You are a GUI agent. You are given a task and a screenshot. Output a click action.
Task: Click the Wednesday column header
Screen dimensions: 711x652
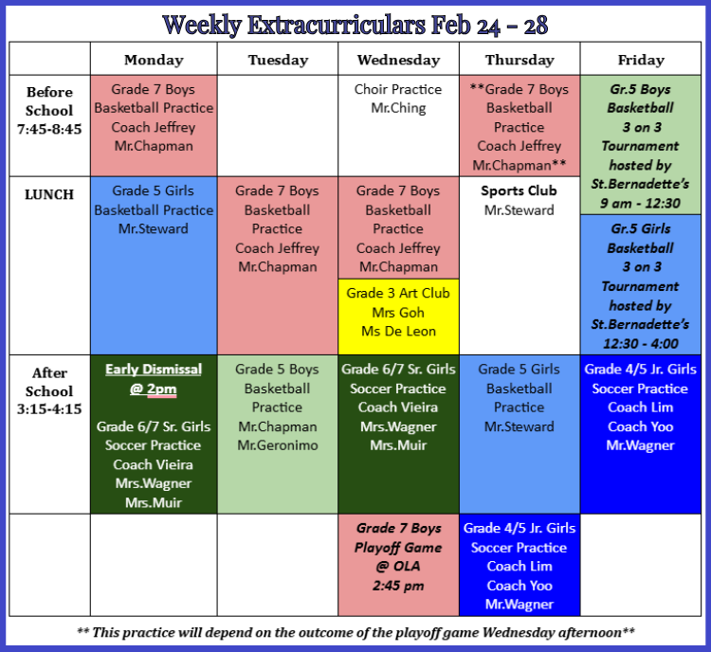click(x=398, y=60)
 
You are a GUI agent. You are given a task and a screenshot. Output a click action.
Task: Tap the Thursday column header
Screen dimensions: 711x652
click(x=520, y=60)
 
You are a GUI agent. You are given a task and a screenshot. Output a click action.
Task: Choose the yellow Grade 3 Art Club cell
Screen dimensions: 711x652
click(x=398, y=317)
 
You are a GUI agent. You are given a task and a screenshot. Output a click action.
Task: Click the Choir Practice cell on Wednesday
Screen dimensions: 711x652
click(x=398, y=126)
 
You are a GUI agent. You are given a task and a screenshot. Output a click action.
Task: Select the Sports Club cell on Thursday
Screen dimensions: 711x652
click(x=520, y=265)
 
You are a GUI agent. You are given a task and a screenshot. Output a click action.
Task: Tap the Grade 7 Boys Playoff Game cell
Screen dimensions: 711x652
click(x=398, y=565)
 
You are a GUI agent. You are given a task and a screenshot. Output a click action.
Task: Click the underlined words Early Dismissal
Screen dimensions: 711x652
click(x=154, y=370)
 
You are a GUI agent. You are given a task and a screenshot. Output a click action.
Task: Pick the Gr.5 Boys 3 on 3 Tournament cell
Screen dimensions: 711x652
click(x=641, y=145)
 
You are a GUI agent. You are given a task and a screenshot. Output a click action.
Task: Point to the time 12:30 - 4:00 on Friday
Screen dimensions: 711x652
click(x=641, y=344)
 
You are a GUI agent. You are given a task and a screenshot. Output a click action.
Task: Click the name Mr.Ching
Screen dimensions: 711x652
click(x=398, y=108)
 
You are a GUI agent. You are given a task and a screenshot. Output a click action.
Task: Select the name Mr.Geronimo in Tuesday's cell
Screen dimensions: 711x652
click(x=278, y=445)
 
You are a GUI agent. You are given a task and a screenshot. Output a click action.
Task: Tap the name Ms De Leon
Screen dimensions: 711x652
click(x=398, y=332)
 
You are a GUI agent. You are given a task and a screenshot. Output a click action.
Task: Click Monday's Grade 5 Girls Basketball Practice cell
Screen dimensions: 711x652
click(x=154, y=265)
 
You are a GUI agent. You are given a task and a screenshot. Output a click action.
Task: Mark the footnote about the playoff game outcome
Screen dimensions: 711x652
click(x=355, y=632)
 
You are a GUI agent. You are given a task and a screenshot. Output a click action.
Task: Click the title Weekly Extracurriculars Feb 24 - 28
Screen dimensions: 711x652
click(x=355, y=25)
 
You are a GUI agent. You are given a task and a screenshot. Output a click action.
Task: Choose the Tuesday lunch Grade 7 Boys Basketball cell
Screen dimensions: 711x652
click(x=278, y=265)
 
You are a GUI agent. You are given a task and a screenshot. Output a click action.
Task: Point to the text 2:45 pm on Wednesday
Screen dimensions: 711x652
click(x=398, y=586)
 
